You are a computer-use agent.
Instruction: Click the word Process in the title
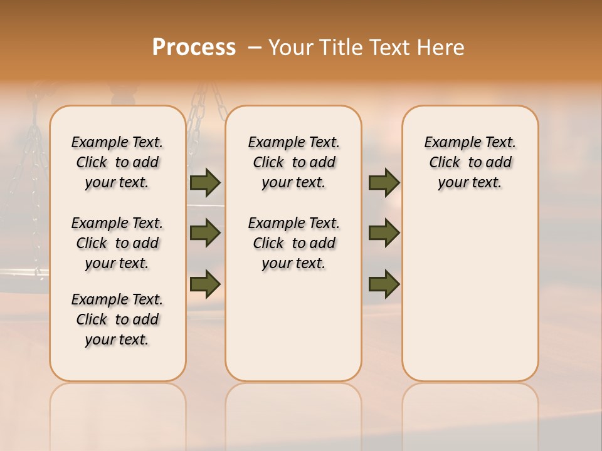[194, 48]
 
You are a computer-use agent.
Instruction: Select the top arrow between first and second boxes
[205, 183]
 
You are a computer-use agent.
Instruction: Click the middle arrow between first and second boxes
[205, 233]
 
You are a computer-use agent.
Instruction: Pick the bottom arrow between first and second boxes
[205, 283]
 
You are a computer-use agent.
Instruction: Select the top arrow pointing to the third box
[384, 183]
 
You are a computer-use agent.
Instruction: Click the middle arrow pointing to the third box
[384, 233]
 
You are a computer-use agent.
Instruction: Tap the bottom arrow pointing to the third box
[384, 283]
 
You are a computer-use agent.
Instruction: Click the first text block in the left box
[117, 162]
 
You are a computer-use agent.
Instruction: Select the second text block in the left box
[117, 243]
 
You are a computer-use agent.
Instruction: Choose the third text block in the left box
[117, 319]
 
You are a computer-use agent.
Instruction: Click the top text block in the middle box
[293, 162]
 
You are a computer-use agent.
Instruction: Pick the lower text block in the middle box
[293, 243]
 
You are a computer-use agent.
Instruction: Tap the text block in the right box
[470, 162]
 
